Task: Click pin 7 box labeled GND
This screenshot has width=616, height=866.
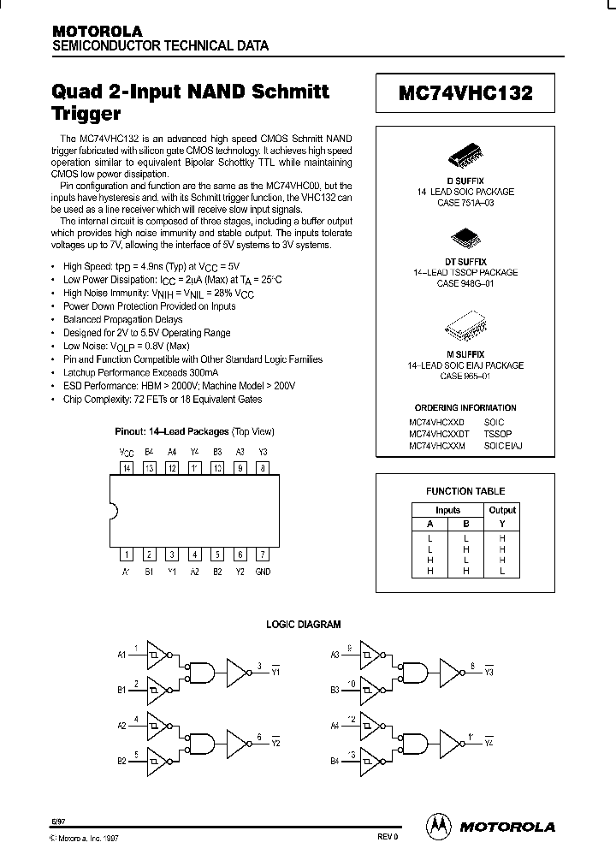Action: [263, 554]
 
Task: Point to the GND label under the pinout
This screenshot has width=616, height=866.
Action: [263, 572]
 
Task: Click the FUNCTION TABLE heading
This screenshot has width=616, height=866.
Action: [465, 491]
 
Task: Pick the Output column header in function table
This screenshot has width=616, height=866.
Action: [502, 510]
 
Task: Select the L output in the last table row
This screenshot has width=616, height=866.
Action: [502, 571]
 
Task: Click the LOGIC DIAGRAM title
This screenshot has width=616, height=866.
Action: [303, 625]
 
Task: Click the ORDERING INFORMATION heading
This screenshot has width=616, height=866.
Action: [465, 408]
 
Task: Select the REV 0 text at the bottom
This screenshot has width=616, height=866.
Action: [388, 837]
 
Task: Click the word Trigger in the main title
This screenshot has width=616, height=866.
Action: [86, 112]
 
